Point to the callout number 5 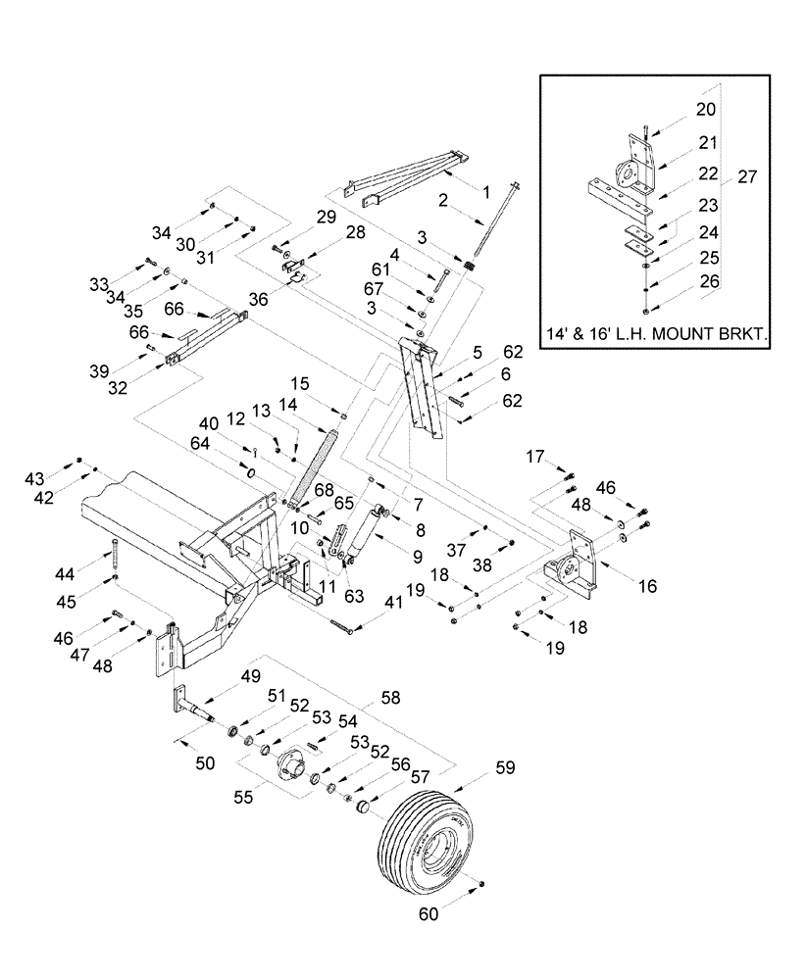coord(478,350)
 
